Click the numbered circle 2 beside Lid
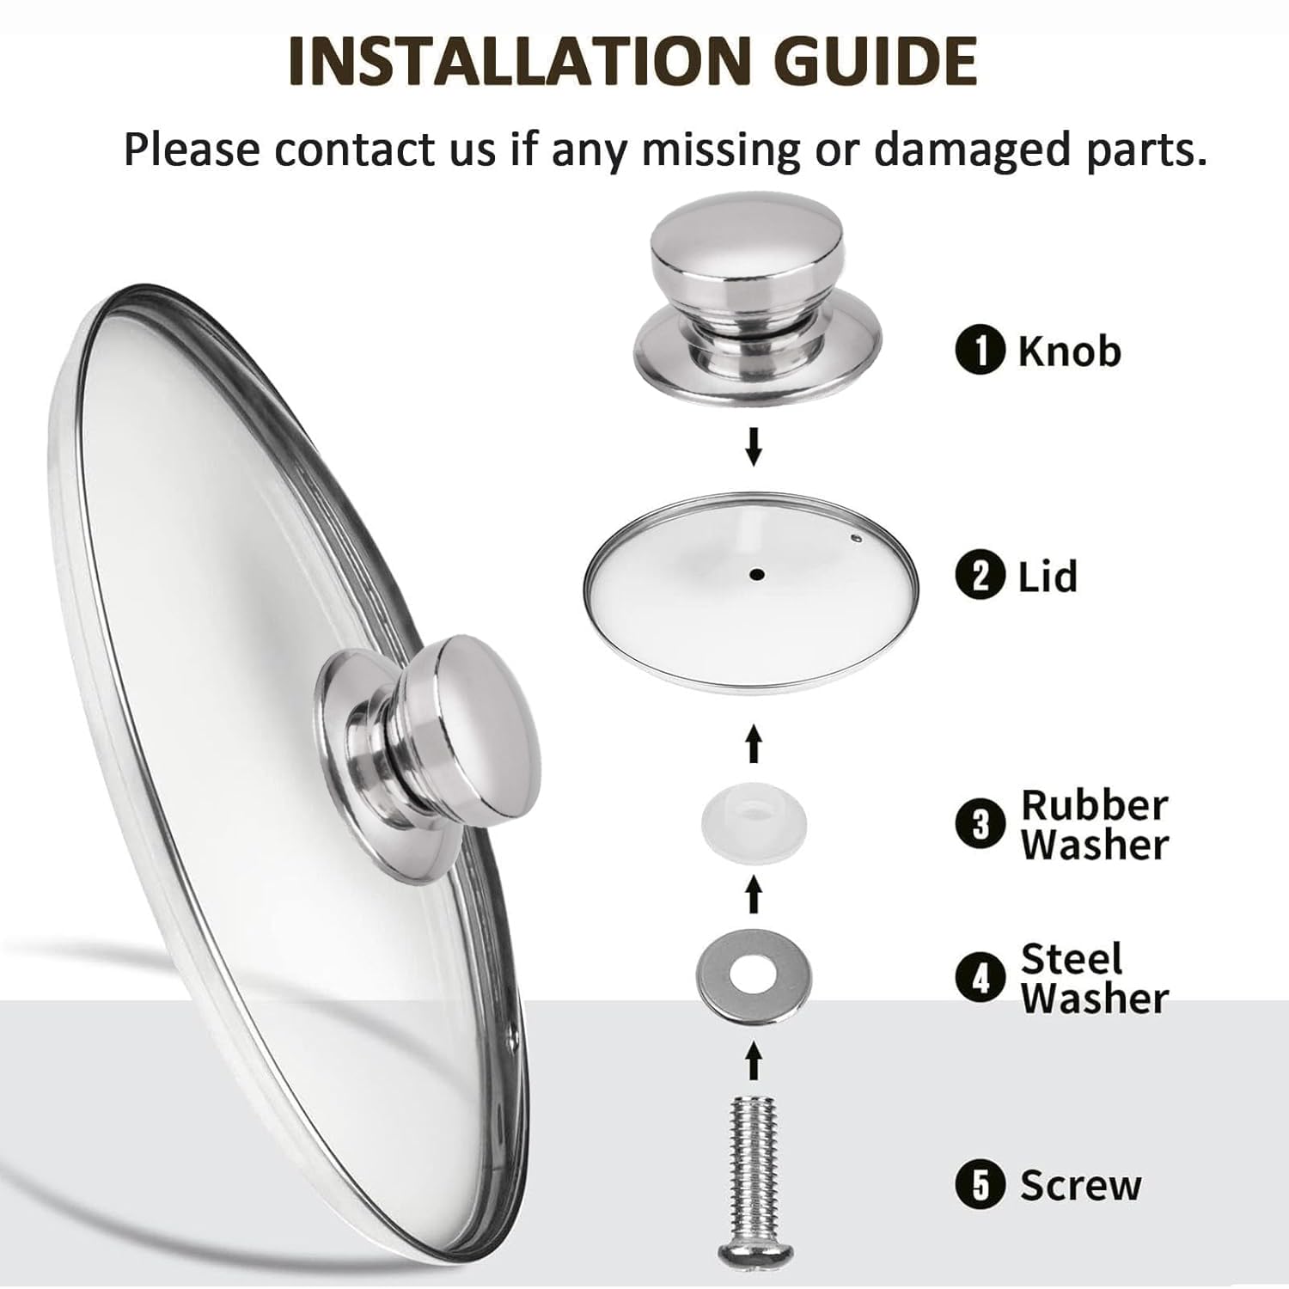[x=980, y=576]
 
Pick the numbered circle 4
[x=980, y=978]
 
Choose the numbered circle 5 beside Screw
[x=980, y=1186]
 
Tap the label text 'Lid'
[x=1048, y=576]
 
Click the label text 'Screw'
[x=1081, y=1186]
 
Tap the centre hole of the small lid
[x=756, y=574]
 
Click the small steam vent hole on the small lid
[x=856, y=539]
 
